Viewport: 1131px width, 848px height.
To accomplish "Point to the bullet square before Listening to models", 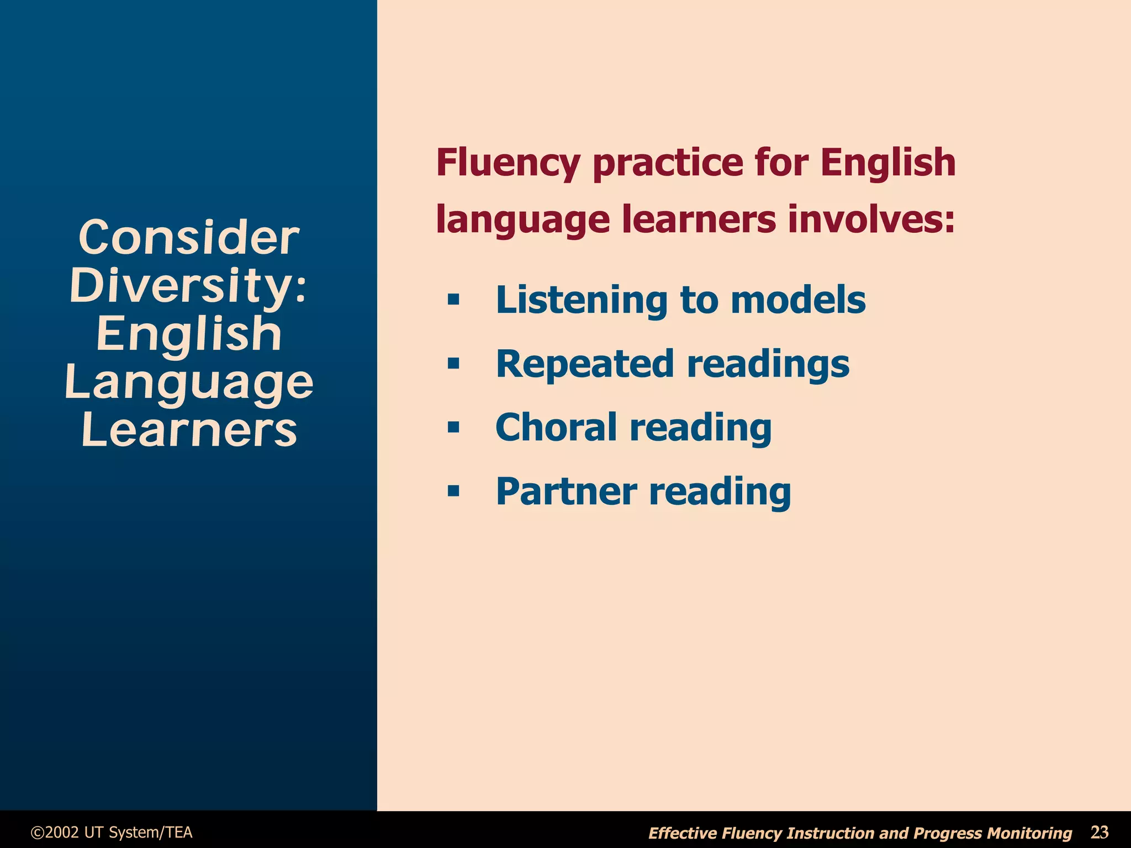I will (453, 300).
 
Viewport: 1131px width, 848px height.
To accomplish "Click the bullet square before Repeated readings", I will (453, 364).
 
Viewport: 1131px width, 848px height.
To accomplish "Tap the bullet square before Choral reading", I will (453, 428).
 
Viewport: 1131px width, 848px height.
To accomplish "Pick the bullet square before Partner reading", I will (453, 491).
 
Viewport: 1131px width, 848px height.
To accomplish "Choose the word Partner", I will (567, 491).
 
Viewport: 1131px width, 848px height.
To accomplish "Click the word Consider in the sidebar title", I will (189, 238).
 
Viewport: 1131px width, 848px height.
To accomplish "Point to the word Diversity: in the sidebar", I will (188, 286).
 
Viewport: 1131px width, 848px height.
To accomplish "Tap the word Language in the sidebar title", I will (189, 382).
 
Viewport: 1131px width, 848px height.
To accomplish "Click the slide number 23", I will (1100, 832).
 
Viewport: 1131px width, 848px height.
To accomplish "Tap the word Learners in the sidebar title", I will (189, 430).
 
